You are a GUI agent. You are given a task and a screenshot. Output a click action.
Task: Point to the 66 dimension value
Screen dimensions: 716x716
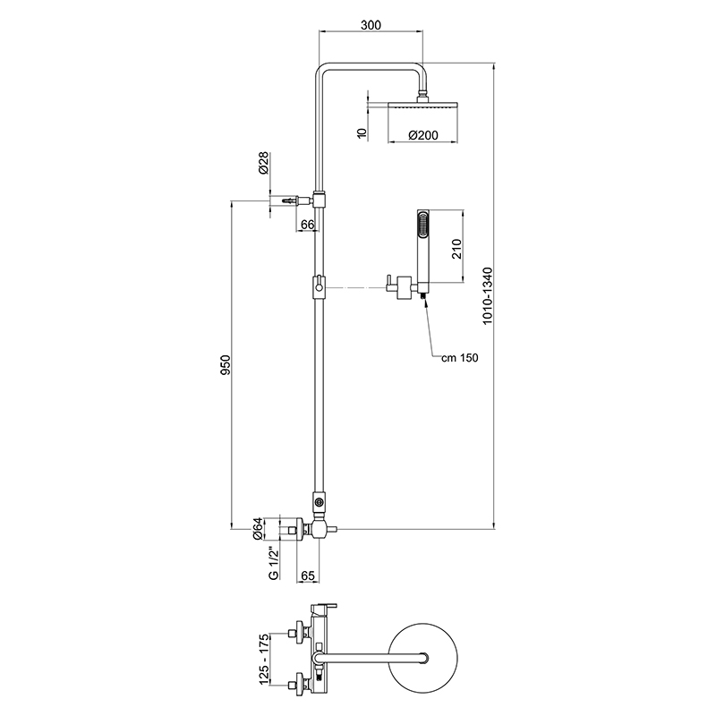tap(306, 224)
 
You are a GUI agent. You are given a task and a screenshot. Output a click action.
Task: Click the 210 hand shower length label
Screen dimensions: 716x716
tap(456, 248)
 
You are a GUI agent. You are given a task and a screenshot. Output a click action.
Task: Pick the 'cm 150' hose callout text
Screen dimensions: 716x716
tap(460, 358)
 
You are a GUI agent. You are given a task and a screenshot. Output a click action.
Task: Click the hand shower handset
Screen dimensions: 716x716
tap(422, 242)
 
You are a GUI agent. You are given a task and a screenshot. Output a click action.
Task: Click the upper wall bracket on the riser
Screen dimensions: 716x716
tap(318, 198)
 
